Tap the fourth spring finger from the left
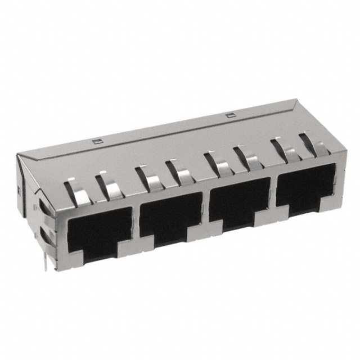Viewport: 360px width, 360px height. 178,172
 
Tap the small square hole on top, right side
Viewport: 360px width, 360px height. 228,115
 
